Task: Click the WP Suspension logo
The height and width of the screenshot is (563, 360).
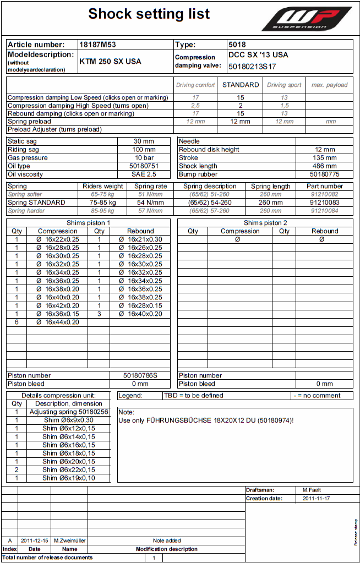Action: tap(307, 19)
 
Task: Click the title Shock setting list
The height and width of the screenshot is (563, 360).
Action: tap(149, 14)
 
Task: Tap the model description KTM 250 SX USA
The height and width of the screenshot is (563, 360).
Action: tap(110, 61)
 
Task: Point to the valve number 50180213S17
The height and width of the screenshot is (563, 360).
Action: tap(252, 66)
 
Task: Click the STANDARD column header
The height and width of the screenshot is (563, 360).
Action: tap(241, 85)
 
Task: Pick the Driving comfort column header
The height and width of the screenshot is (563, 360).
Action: tap(195, 85)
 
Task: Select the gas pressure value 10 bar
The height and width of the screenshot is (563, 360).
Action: tap(144, 157)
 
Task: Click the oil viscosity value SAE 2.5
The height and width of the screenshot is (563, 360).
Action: tap(144, 174)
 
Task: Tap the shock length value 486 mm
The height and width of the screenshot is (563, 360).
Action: tap(325, 166)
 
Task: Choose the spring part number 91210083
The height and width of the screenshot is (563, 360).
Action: tap(325, 203)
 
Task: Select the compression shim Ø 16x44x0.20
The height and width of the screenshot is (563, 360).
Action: tap(58, 322)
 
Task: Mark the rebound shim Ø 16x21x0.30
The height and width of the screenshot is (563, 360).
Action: tap(140, 239)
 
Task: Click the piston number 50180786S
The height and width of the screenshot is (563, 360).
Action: tap(140, 375)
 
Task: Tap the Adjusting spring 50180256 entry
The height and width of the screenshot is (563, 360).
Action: tap(69, 412)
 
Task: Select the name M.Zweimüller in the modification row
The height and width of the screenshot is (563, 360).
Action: tap(69, 540)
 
